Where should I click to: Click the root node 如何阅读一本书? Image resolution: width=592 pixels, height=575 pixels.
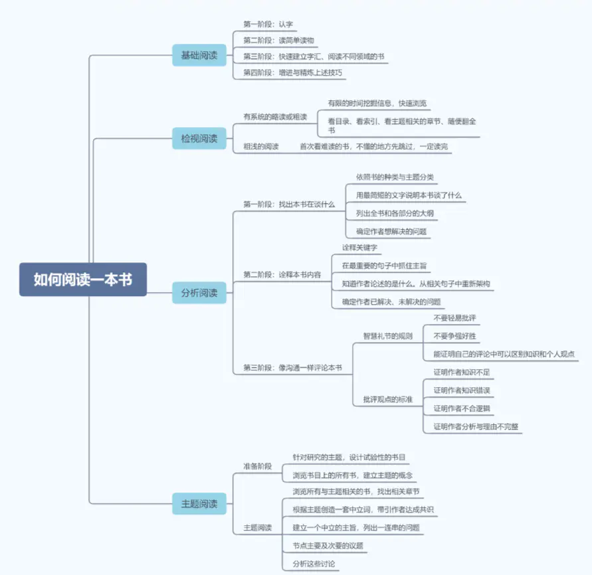tap(82, 280)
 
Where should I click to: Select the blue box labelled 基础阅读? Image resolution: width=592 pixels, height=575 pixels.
tap(199, 55)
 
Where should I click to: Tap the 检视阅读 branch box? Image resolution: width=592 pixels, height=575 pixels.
tap(199, 138)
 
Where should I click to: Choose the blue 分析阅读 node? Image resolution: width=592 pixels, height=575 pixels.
tap(199, 292)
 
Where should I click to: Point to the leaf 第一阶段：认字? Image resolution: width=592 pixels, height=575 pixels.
tap(258, 25)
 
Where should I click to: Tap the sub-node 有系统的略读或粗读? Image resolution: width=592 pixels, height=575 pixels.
tap(275, 117)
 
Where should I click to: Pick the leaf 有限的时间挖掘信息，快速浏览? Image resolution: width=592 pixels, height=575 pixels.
tap(377, 104)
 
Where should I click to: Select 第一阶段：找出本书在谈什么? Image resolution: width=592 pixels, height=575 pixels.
tap(289, 205)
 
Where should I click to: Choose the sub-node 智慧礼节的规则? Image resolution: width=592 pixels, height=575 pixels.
tap(387, 335)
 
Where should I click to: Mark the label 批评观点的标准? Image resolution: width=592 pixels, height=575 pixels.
tap(387, 399)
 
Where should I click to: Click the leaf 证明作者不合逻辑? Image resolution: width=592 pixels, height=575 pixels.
tap(463, 408)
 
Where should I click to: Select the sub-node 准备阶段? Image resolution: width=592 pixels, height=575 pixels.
tap(258, 466)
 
